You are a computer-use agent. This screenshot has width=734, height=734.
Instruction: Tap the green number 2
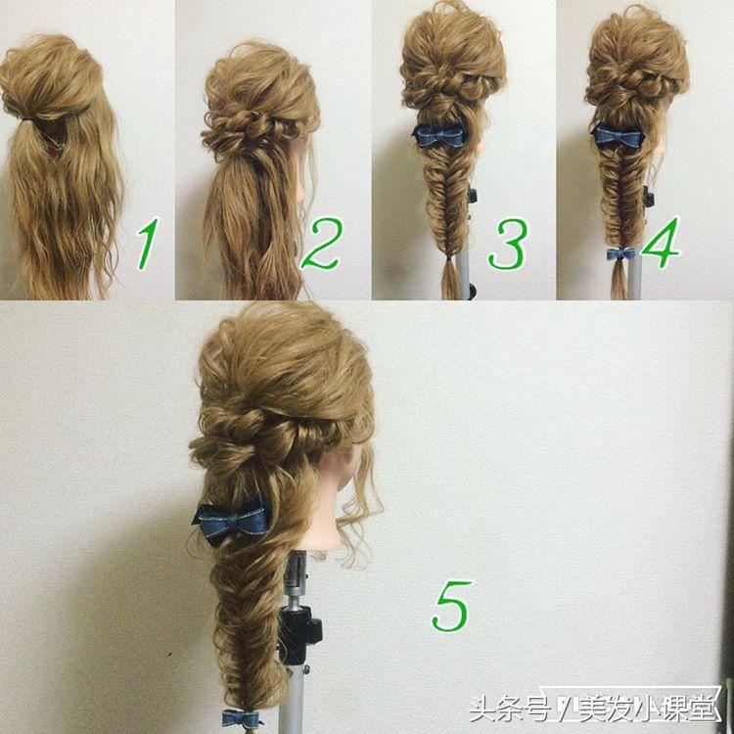[x=322, y=244]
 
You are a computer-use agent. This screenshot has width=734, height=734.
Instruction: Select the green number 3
[x=508, y=244]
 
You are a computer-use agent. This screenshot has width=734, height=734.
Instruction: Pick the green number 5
[x=451, y=605]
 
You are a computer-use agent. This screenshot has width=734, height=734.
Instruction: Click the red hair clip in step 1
[x=54, y=147]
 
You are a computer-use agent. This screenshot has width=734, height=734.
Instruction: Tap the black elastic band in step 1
[x=29, y=119]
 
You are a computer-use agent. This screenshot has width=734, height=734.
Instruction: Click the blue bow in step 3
[x=438, y=135]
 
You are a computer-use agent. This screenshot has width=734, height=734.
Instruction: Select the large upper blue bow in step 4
[x=618, y=135]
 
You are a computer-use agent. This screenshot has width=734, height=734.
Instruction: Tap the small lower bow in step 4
[x=620, y=253]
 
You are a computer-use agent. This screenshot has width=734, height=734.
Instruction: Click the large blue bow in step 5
[x=232, y=523]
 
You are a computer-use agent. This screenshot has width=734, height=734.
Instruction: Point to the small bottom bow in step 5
[x=241, y=717]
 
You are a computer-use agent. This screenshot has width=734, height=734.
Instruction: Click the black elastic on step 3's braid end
[x=449, y=258]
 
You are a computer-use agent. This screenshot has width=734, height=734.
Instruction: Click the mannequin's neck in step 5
[x=323, y=520]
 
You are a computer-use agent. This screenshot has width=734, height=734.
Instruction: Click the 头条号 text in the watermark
[x=509, y=710]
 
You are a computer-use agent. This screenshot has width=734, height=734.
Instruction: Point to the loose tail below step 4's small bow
[x=619, y=280]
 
